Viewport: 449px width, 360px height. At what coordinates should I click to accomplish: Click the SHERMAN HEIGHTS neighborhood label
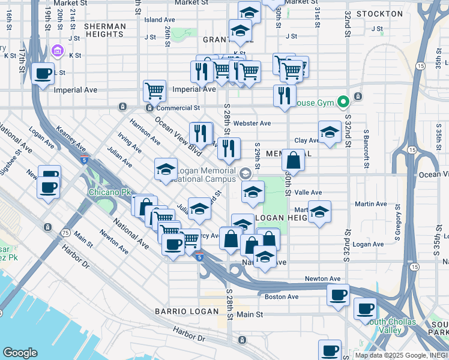tap(105, 31)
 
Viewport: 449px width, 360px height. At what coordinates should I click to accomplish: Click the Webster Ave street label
tap(252, 123)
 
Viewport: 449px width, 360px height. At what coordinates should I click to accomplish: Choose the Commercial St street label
tap(178, 108)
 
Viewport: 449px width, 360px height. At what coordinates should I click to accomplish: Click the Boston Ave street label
tap(281, 296)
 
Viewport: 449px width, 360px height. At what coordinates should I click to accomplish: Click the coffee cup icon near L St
tap(43, 74)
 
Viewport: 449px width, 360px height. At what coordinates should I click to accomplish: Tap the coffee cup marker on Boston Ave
tap(339, 295)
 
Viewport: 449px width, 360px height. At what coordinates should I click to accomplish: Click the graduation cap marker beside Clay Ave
tap(329, 133)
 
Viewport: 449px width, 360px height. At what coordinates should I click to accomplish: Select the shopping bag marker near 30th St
tap(292, 160)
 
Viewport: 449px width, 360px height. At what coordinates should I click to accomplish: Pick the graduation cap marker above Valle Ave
tap(253, 193)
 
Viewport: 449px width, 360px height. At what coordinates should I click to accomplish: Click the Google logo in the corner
tap(20, 353)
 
